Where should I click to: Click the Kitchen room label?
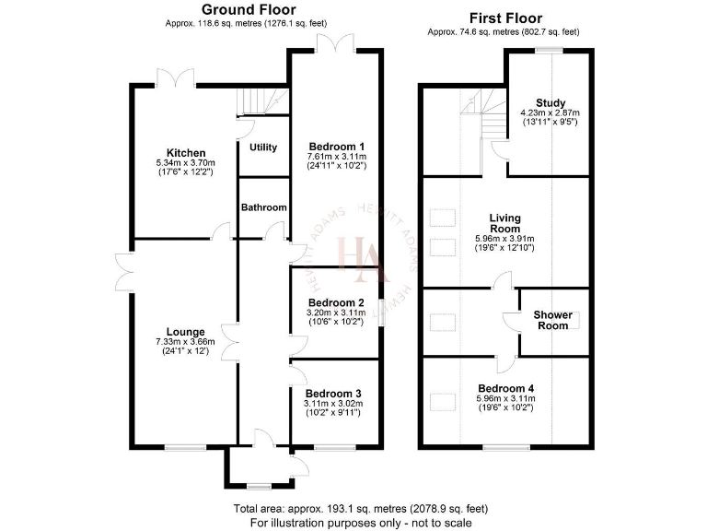(x=186, y=153)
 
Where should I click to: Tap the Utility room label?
(x=263, y=147)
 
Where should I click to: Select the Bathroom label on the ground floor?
(x=264, y=208)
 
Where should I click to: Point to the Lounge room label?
(x=186, y=332)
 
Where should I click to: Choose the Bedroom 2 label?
(x=336, y=302)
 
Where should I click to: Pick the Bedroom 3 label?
(x=333, y=394)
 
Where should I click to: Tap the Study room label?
(x=551, y=102)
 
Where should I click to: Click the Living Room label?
(x=504, y=223)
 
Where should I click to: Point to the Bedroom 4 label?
(x=505, y=388)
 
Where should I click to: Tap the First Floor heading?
(x=505, y=18)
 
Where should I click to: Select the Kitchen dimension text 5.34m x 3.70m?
(x=186, y=163)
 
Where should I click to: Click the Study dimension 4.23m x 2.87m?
(x=551, y=112)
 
